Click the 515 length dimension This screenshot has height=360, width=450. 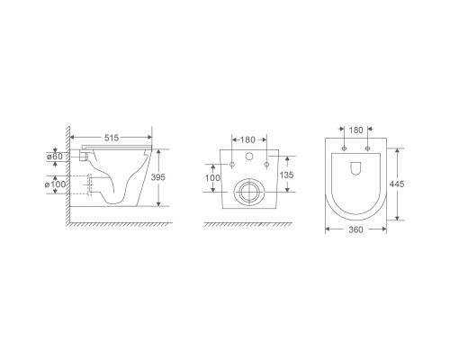[112, 138]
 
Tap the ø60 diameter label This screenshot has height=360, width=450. [55, 157]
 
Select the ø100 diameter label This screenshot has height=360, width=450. [55, 184]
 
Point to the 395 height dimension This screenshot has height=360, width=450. [158, 177]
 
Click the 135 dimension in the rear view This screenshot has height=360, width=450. [286, 175]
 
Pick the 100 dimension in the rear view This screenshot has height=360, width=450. [212, 178]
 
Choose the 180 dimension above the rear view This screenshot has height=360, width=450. [247, 139]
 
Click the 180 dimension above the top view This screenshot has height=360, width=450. [356, 130]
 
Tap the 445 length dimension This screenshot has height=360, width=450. [397, 184]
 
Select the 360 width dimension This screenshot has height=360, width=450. [355, 229]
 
